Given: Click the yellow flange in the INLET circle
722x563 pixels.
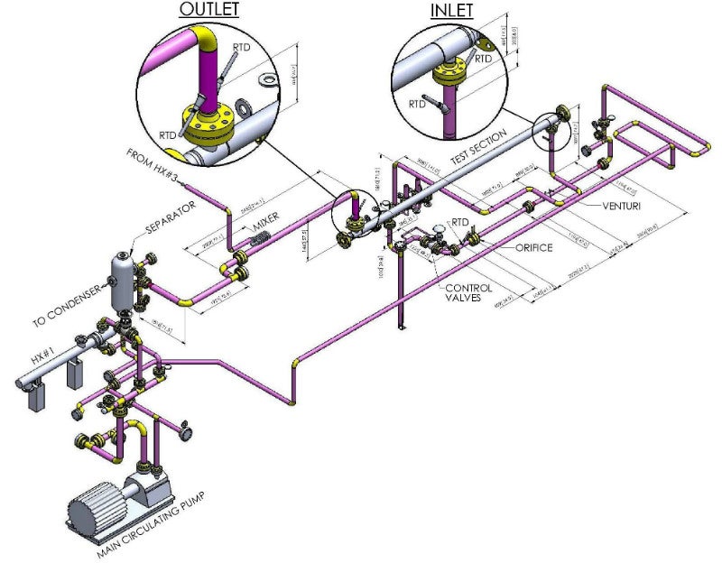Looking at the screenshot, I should pyautogui.click(x=449, y=74).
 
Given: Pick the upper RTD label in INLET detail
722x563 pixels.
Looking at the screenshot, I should pyautogui.click(x=484, y=59).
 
